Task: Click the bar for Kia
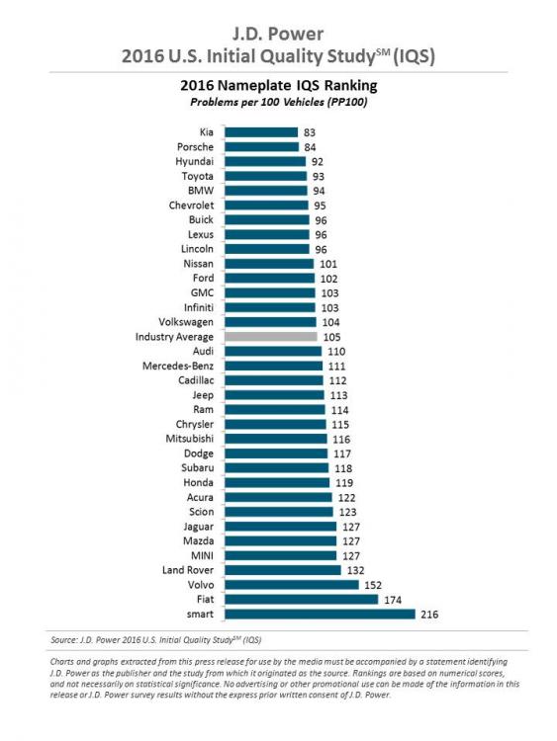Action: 261,131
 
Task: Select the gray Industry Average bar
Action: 271,337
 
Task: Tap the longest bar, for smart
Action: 320,614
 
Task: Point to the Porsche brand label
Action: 195,147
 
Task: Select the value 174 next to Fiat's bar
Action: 392,599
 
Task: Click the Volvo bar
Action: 291,584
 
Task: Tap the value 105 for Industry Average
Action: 332,337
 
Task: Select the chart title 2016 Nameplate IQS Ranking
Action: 277,86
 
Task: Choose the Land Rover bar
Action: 282,570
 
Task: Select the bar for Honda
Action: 277,483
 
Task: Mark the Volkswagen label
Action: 181,322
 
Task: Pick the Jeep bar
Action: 274,395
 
